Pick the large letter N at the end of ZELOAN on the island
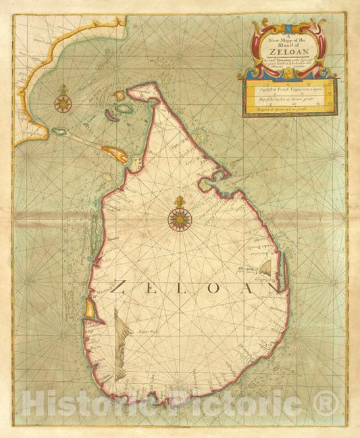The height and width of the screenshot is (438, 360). click(x=271, y=287)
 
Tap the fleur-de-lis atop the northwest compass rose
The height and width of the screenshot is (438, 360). click(x=65, y=89)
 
